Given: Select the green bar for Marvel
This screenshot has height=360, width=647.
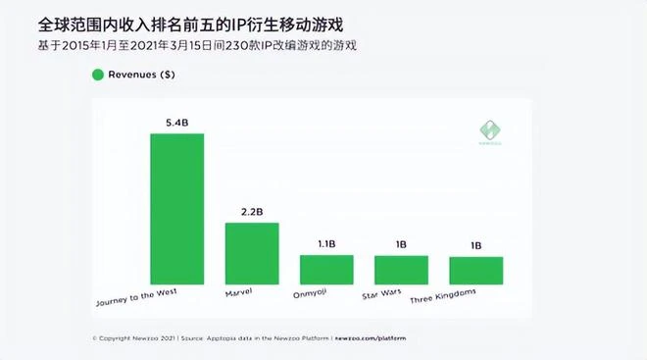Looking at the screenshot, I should point(252,253).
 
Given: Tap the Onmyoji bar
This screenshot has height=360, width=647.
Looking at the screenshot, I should point(326,269).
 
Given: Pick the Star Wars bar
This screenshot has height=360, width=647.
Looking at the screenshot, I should point(401,270).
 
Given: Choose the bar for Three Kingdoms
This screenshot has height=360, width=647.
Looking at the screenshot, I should point(475,270).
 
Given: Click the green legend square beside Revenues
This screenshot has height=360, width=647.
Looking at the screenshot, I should point(97,74).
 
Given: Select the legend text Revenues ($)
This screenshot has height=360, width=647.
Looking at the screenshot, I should point(144,74).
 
